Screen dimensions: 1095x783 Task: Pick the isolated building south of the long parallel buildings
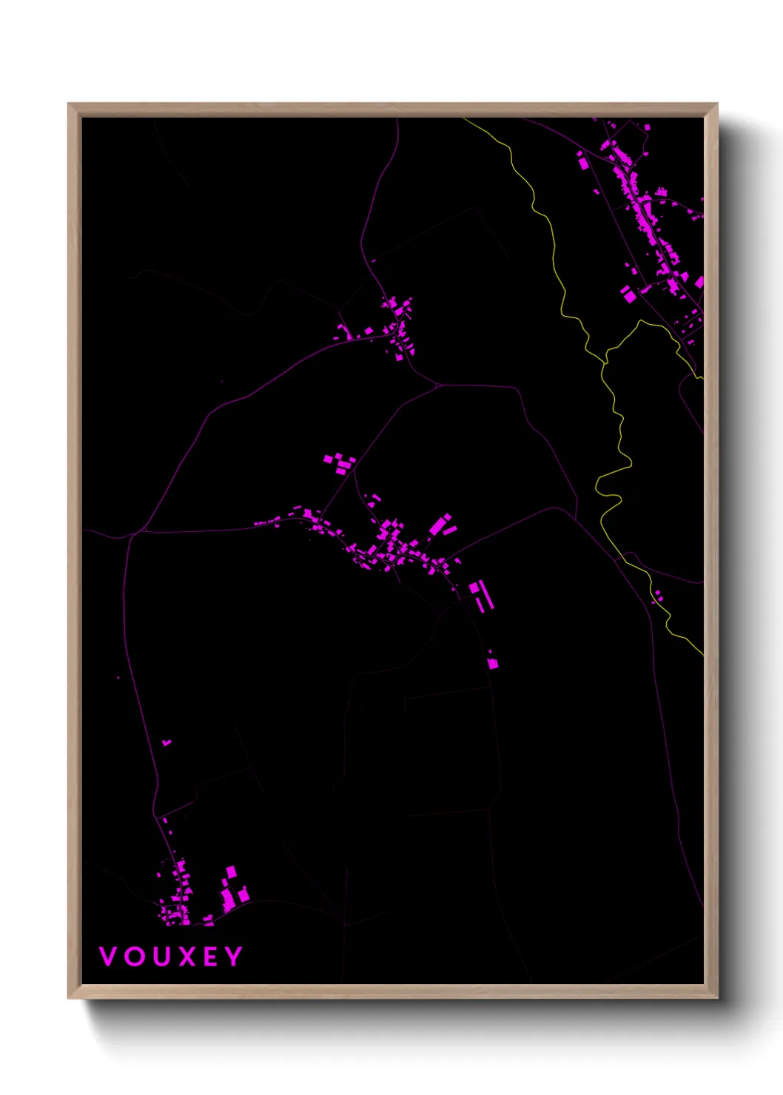[493, 663]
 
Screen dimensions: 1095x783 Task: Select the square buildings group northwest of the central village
[340, 464]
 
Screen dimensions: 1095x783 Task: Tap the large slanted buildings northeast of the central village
[441, 526]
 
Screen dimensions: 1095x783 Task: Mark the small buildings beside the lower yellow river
[657, 596]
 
